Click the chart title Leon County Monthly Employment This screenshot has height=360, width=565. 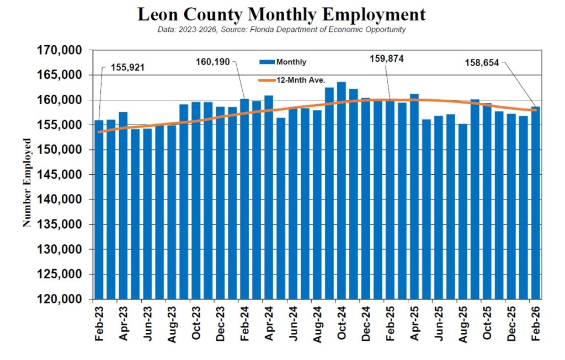pyautogui.click(x=281, y=14)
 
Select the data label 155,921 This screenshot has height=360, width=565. pyautogui.click(x=130, y=68)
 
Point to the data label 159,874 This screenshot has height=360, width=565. pyautogui.click(x=386, y=59)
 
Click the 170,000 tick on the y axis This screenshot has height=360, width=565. pyautogui.click(x=62, y=50)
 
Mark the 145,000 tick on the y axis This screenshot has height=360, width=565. pyautogui.click(x=62, y=175)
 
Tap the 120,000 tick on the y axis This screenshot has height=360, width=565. pyautogui.click(x=62, y=299)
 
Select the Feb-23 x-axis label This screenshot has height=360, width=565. pyautogui.click(x=99, y=323)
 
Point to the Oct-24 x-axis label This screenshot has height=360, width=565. pyautogui.click(x=342, y=323)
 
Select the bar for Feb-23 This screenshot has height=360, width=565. pyautogui.click(x=99, y=209)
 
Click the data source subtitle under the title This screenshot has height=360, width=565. pyautogui.click(x=281, y=29)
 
